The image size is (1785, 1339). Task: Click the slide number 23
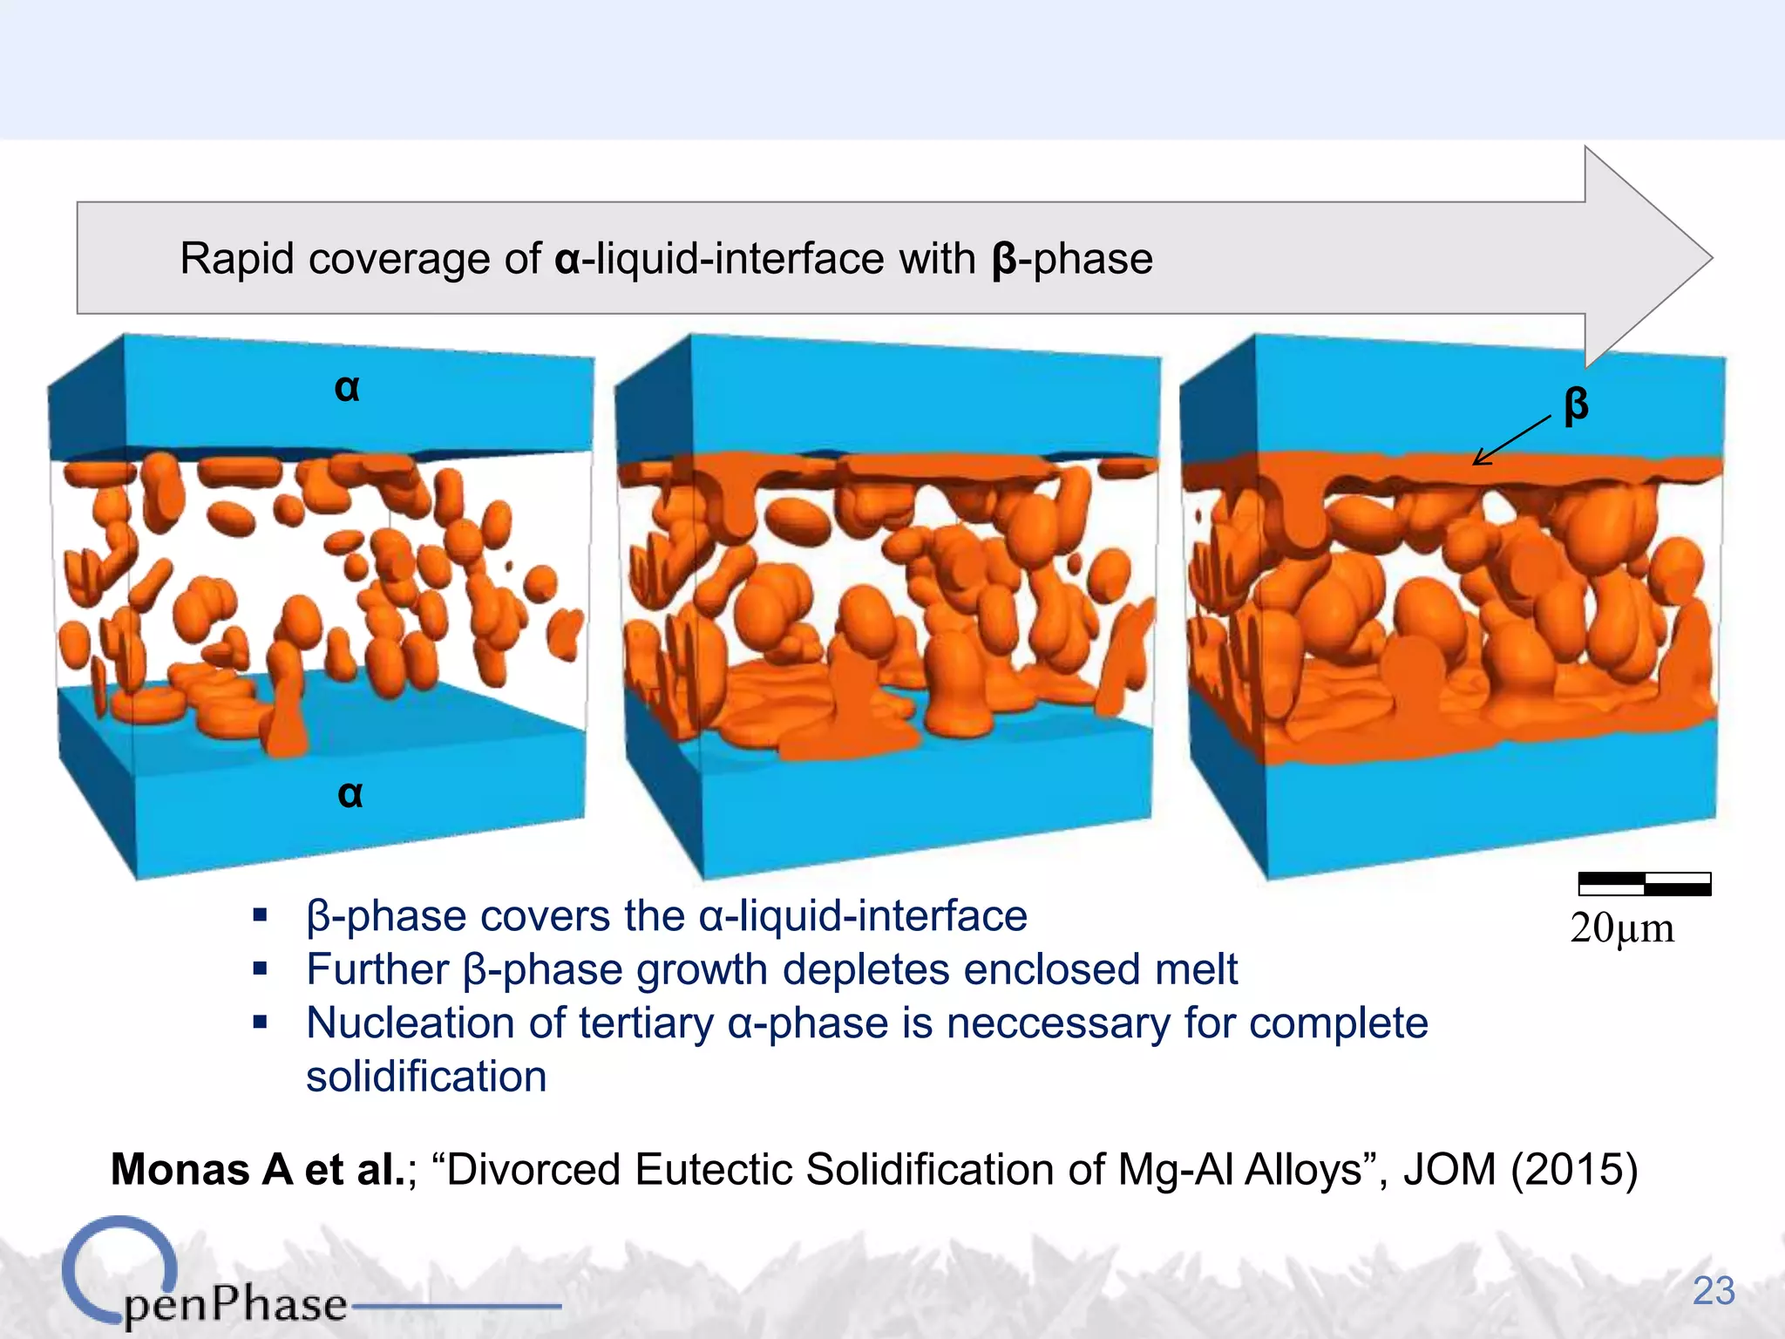(x=1714, y=1291)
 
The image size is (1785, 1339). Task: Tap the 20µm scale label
(x=1622, y=928)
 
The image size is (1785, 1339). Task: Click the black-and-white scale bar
(x=1644, y=884)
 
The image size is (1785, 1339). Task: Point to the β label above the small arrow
(x=1576, y=406)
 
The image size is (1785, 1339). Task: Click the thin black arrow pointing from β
(x=1511, y=440)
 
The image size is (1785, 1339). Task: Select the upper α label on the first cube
(x=347, y=389)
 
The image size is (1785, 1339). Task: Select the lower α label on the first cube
(x=350, y=794)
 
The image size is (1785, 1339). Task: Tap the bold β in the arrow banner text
(x=1004, y=259)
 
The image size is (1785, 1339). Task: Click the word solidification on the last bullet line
(x=426, y=1077)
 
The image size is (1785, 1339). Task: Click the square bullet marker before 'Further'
(x=260, y=969)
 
